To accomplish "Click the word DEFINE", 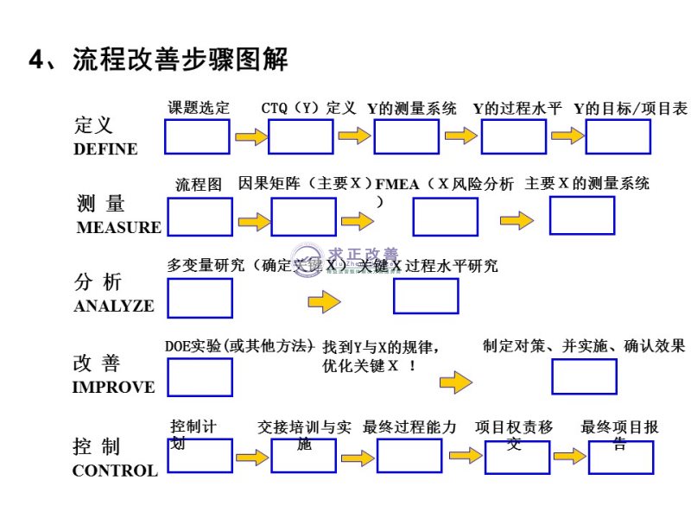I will tap(105, 148).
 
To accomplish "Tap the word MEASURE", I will tap(118, 228).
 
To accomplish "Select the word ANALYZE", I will tap(114, 306).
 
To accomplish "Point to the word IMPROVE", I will tap(113, 387).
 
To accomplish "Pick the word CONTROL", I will tap(115, 471).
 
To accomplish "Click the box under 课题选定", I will tap(197, 136).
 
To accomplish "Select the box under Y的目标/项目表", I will tap(618, 136).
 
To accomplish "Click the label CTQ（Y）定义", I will tap(308, 108).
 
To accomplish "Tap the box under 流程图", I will tap(200, 217).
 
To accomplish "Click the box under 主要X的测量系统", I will tap(582, 215).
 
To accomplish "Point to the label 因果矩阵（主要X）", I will tap(304, 183).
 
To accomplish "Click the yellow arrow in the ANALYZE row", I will tap(324, 302).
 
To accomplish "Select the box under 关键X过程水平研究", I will tap(426, 295).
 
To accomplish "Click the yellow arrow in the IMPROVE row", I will tap(455, 382).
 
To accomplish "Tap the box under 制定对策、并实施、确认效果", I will tap(584, 376).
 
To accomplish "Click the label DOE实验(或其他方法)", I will tap(238, 345).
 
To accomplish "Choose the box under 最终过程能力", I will tap(410, 456).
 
